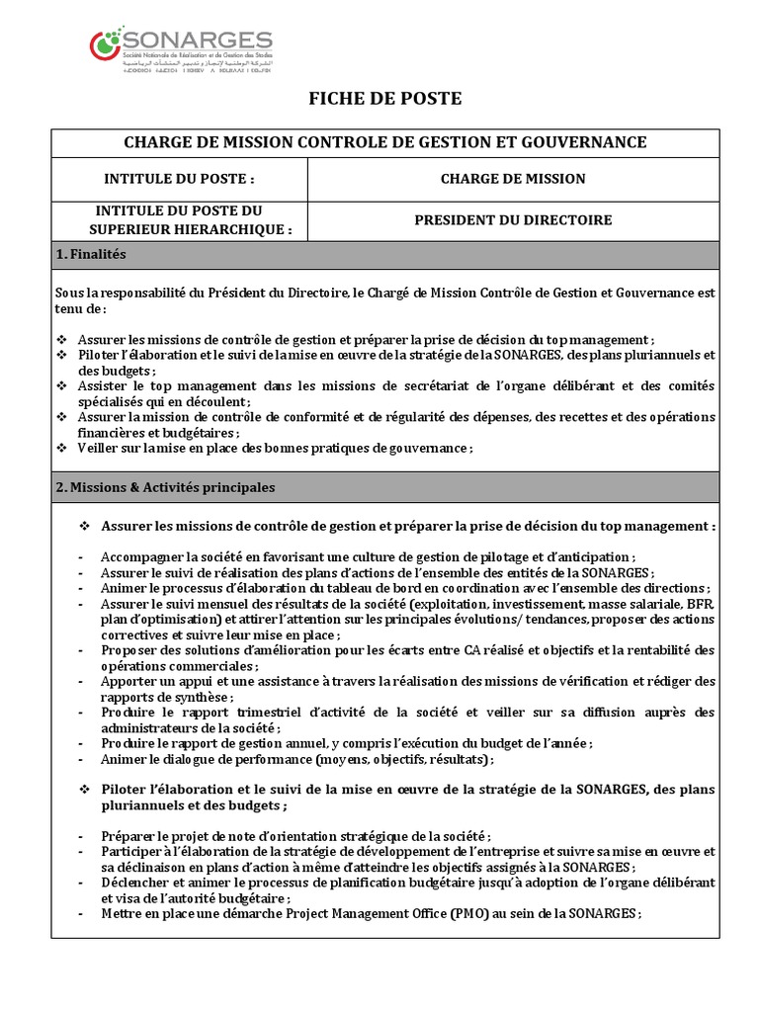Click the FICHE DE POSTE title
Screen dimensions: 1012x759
click(x=384, y=99)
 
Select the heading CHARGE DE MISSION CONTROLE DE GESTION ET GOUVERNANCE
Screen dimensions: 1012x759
click(x=384, y=142)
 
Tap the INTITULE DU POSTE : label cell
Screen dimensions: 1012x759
click(x=179, y=179)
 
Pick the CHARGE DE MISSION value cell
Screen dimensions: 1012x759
click(x=512, y=179)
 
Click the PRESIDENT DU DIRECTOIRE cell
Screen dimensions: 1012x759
click(x=512, y=220)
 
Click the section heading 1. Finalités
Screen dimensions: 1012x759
click(x=92, y=254)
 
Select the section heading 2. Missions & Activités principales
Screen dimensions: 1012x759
click(x=166, y=487)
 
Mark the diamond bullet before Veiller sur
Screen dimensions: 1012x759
click(x=62, y=448)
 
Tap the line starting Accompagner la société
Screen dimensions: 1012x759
click(x=368, y=555)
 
